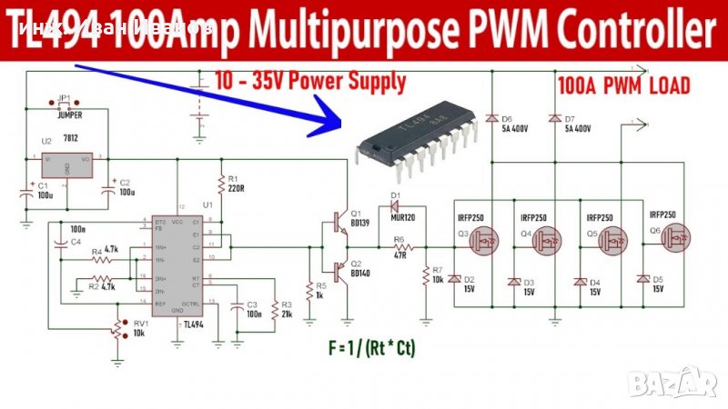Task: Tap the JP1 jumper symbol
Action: click(64, 105)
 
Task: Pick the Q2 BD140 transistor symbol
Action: click(340, 273)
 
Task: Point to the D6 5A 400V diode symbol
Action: click(491, 119)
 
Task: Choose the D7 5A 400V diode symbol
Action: click(554, 119)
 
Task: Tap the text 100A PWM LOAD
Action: click(623, 86)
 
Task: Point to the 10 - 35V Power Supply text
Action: click(310, 82)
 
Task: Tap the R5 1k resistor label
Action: click(320, 292)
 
